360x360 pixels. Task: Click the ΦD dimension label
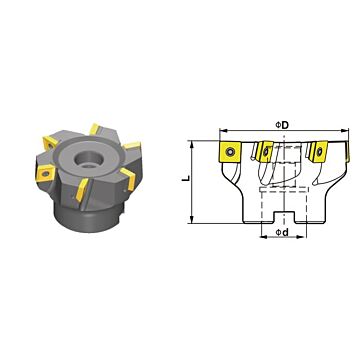[282, 125]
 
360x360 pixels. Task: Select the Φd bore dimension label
[282, 232]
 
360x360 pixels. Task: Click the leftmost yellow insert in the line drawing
[229, 152]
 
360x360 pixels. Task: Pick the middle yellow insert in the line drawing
[266, 152]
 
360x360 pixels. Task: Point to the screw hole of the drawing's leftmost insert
[229, 152]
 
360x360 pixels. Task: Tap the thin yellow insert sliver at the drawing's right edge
[348, 152]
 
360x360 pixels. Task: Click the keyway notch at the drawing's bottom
[283, 217]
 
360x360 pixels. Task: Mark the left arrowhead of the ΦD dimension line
[222, 130]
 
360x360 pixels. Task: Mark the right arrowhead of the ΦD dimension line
[345, 130]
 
